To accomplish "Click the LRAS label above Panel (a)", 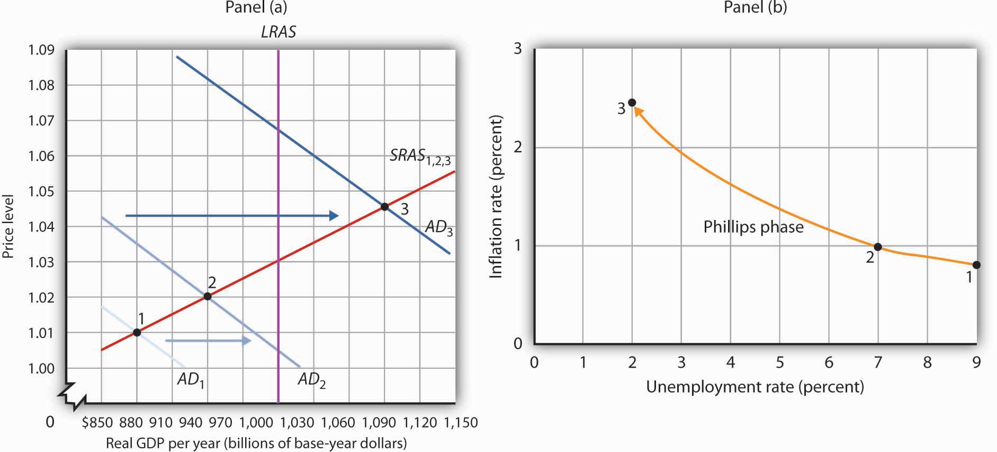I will tap(279, 32).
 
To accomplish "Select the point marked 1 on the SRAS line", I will tap(137, 332).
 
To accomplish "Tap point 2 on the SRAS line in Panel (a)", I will tap(208, 297).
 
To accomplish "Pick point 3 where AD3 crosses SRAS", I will tap(385, 207).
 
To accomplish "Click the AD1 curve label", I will tap(191, 379).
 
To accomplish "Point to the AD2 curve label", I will tap(311, 379).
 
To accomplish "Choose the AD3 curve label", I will tap(439, 227).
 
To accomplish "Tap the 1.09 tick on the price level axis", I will tap(41, 50).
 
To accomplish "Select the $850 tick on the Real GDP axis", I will tap(97, 422).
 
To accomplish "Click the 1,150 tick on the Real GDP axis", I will tap(460, 422).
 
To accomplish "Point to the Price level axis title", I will tap(8, 226).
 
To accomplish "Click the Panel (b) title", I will tap(755, 7).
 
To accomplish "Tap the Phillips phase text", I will tap(753, 227).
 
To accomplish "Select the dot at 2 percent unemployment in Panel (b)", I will tap(632, 103).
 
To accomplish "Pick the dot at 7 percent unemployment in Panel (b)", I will tap(878, 247).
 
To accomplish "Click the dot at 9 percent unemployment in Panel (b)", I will tap(976, 265).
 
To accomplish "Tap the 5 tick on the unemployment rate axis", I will tap(780, 362).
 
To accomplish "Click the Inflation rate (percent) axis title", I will tap(496, 197).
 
